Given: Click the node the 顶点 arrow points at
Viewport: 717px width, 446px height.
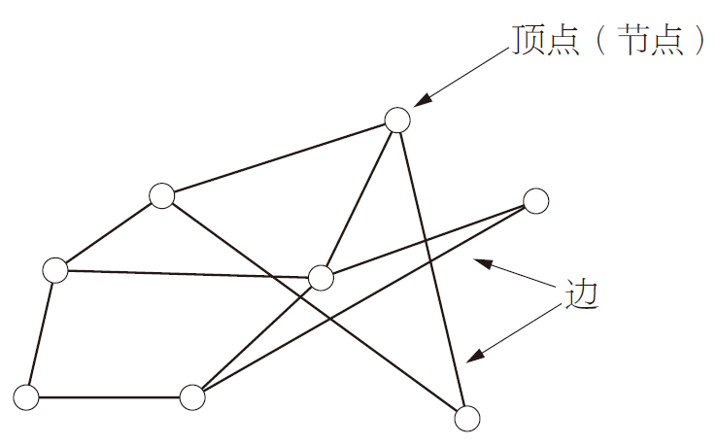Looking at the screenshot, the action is [x=396, y=120].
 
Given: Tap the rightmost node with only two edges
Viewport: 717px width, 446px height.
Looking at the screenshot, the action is [x=535, y=201].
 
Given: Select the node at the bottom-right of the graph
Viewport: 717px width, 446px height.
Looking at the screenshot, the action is [x=467, y=419].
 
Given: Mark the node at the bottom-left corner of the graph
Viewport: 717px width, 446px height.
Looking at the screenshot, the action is [x=26, y=396].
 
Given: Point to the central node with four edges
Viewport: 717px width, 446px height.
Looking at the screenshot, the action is [x=321, y=278].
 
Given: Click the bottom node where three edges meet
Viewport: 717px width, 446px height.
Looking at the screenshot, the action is [x=192, y=396].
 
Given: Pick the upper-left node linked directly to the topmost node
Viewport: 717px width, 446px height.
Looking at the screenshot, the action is [x=161, y=195].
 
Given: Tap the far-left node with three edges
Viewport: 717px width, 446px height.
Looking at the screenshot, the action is [x=55, y=269].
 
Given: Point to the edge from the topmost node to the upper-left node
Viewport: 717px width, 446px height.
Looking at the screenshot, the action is [x=279, y=157].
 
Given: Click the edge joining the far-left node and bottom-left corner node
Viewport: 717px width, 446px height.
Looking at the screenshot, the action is [x=41, y=333].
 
